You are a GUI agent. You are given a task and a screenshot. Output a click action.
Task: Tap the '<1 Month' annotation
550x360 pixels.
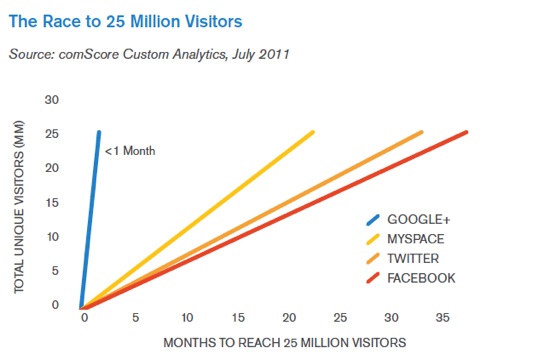pos(131,151)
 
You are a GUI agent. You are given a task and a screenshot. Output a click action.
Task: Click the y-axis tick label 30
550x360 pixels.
pos(53,99)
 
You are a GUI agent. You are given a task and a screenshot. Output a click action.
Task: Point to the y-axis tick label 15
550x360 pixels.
pos(53,202)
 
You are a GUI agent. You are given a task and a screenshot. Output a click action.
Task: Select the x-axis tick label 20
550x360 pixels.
pos(289,319)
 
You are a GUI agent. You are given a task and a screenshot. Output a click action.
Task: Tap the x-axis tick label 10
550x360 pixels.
pos(186,319)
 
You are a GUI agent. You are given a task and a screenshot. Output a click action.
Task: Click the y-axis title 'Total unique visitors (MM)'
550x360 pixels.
pos(21,201)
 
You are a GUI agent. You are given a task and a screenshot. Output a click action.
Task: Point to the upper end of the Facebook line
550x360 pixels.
pos(466,132)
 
